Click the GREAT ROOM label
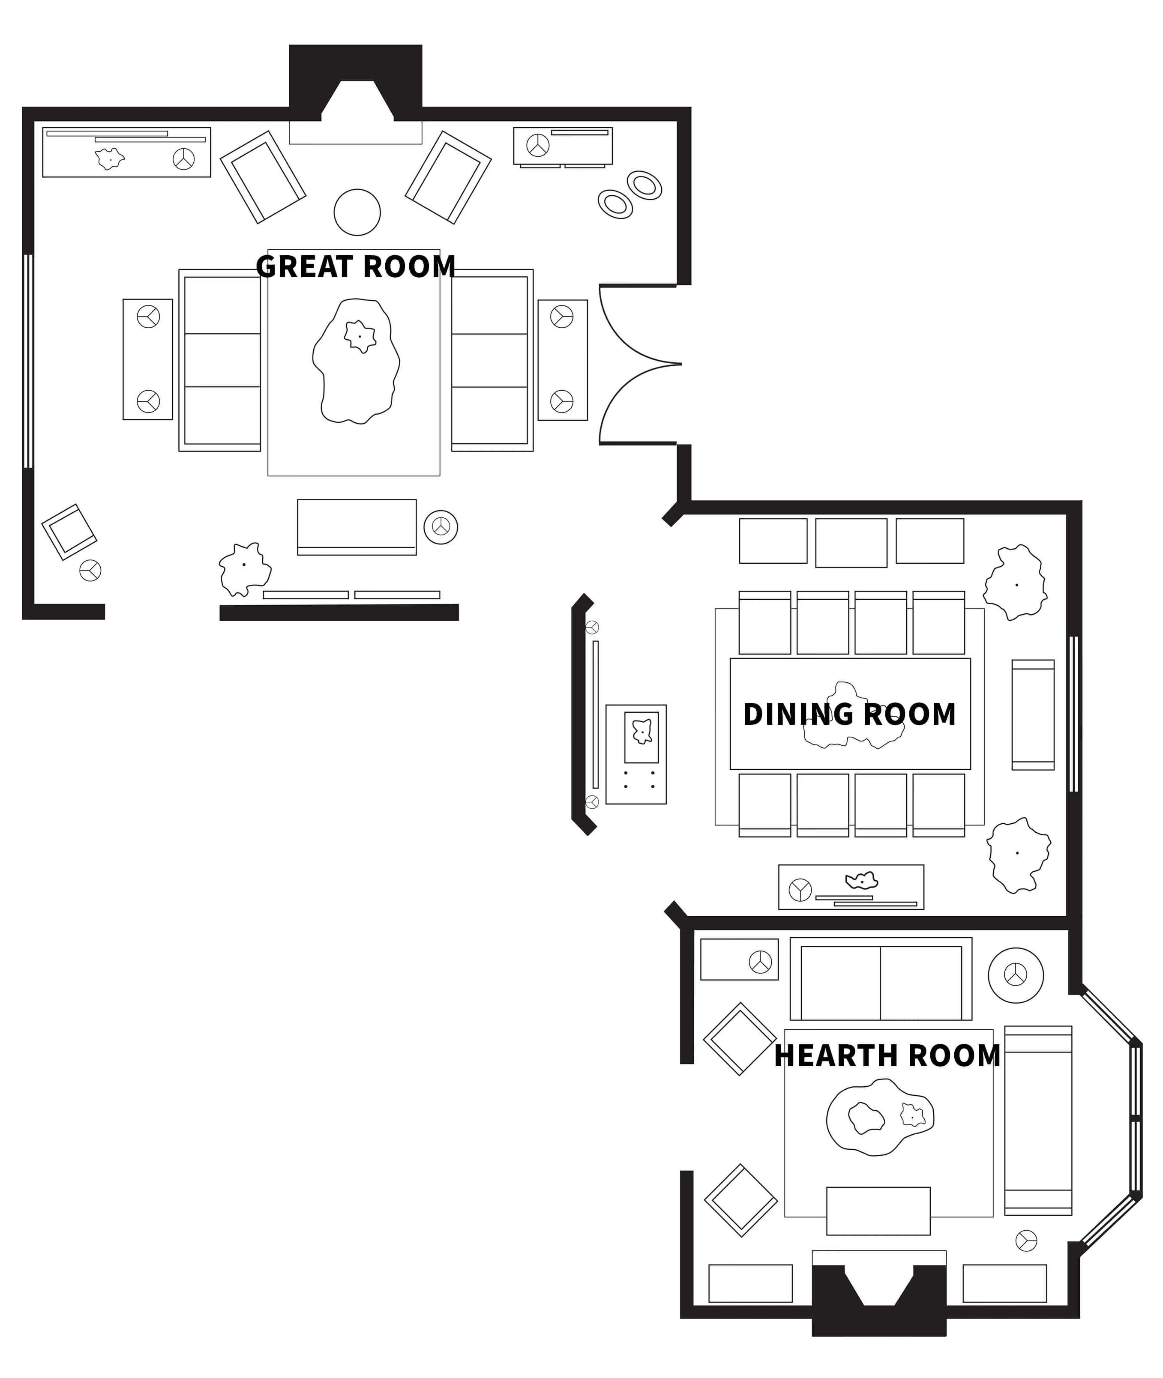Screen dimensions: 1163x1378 (x=356, y=266)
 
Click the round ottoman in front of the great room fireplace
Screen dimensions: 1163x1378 (x=357, y=212)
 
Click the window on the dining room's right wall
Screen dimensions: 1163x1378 (x=1073, y=714)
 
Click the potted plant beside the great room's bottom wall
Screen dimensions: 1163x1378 (x=245, y=569)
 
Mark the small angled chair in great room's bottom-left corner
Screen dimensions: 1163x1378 (x=69, y=532)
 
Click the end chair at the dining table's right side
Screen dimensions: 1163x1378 (x=1033, y=714)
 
